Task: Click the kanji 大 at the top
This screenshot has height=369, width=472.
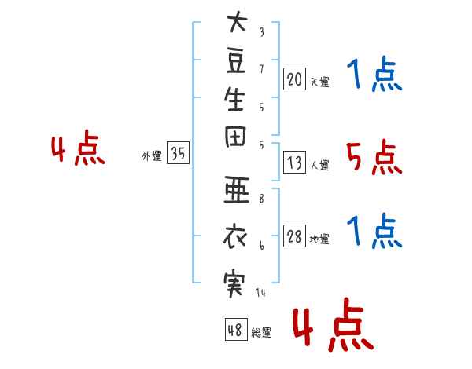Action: click(x=238, y=22)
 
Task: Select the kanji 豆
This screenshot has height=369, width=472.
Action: click(x=236, y=61)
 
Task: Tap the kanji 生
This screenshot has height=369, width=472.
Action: click(x=234, y=99)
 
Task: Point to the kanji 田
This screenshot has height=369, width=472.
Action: click(x=235, y=137)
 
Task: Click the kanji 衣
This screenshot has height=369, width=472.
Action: click(x=235, y=236)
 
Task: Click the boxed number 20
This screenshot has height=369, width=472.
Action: click(x=294, y=79)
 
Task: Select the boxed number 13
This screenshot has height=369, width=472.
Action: click(x=294, y=163)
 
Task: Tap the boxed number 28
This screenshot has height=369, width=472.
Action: click(x=294, y=236)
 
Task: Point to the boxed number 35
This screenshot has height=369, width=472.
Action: click(x=178, y=152)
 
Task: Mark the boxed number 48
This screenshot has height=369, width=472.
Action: click(x=236, y=329)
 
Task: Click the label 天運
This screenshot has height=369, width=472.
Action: click(x=320, y=82)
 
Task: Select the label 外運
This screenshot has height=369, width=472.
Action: click(x=152, y=156)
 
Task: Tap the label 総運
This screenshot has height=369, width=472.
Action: click(x=261, y=332)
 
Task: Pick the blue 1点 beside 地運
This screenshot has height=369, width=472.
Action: click(x=374, y=231)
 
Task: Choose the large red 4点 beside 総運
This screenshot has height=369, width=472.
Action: click(x=333, y=324)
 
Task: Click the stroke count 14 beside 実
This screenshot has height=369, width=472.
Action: click(x=260, y=292)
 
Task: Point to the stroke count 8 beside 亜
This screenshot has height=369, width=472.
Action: click(x=261, y=199)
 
